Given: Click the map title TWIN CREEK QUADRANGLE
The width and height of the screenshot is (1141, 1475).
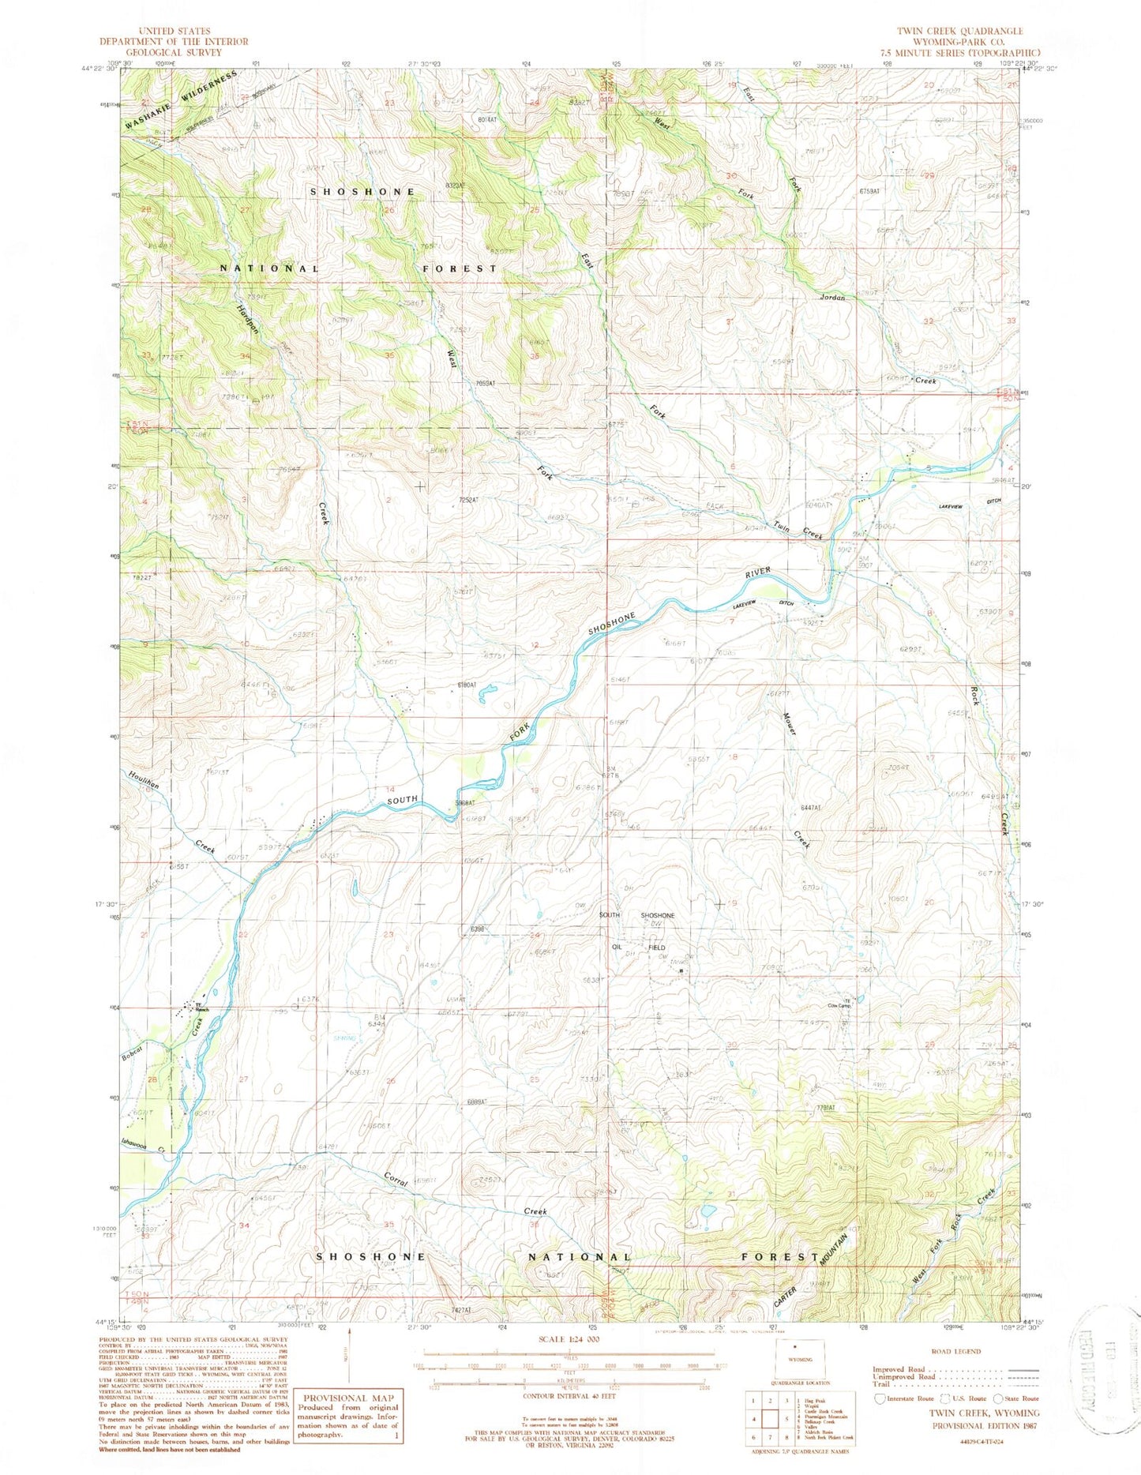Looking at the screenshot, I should (x=959, y=31).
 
